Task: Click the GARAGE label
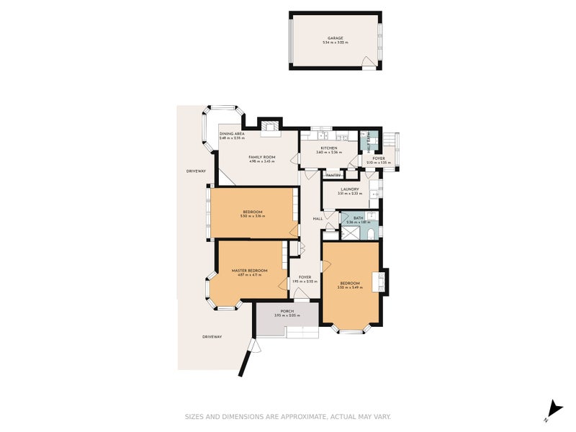335,38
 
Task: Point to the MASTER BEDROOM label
249,270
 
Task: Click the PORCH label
287,311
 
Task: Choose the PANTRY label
333,175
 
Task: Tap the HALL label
317,219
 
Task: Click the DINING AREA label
232,133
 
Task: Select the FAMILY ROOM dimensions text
262,162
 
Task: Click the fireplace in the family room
271,128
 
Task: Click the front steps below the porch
302,332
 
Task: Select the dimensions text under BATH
358,222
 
